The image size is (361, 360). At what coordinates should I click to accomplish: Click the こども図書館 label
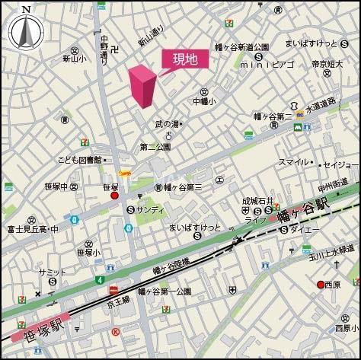pyautogui.click(x=79, y=160)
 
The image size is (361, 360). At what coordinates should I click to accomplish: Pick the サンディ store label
pyautogui.click(x=150, y=209)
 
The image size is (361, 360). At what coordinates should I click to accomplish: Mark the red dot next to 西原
pyautogui.click(x=321, y=285)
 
